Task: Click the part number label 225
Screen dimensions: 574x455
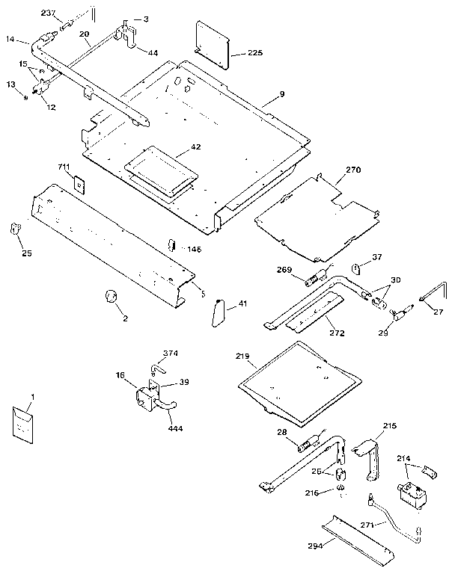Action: click(255, 53)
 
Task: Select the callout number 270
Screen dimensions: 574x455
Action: click(352, 170)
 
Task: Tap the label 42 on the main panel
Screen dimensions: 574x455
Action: click(195, 147)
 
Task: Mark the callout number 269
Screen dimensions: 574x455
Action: click(284, 271)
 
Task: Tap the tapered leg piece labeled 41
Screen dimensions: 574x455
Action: click(217, 312)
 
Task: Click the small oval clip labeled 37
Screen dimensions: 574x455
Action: click(358, 269)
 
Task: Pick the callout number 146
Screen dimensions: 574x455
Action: click(194, 249)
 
